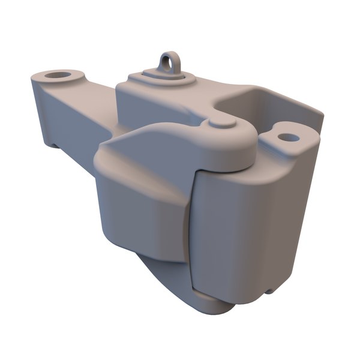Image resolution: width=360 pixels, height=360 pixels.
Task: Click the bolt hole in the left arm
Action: (x=58, y=76)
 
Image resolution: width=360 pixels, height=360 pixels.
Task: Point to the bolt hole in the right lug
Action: (x=289, y=137)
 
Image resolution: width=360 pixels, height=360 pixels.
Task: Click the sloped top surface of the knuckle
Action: (x=150, y=144)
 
